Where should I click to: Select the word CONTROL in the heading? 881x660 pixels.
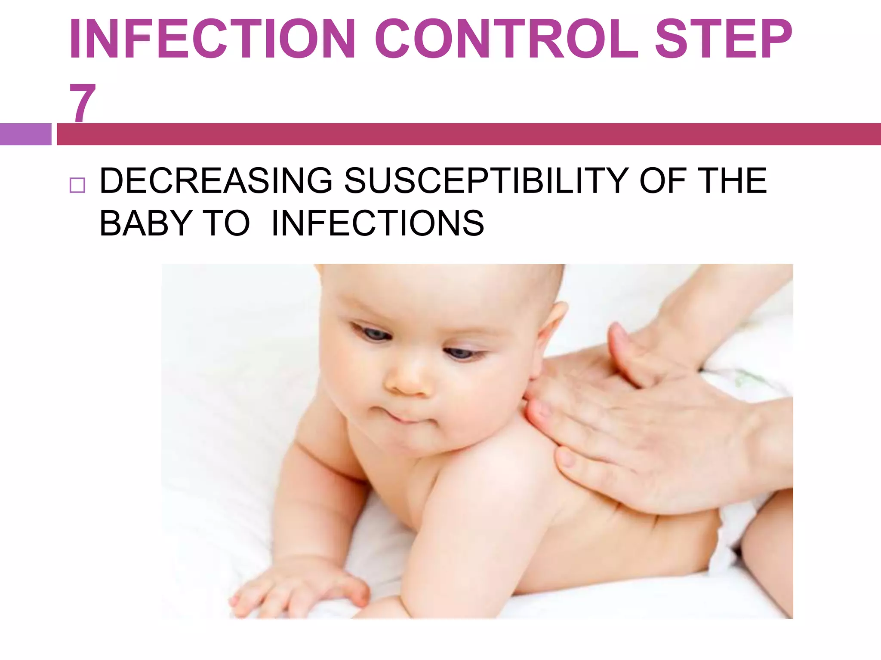[x=507, y=40]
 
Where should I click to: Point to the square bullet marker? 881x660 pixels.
[x=77, y=185]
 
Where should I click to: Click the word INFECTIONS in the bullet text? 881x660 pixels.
[x=378, y=223]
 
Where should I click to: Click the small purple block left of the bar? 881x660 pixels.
[x=25, y=134]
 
